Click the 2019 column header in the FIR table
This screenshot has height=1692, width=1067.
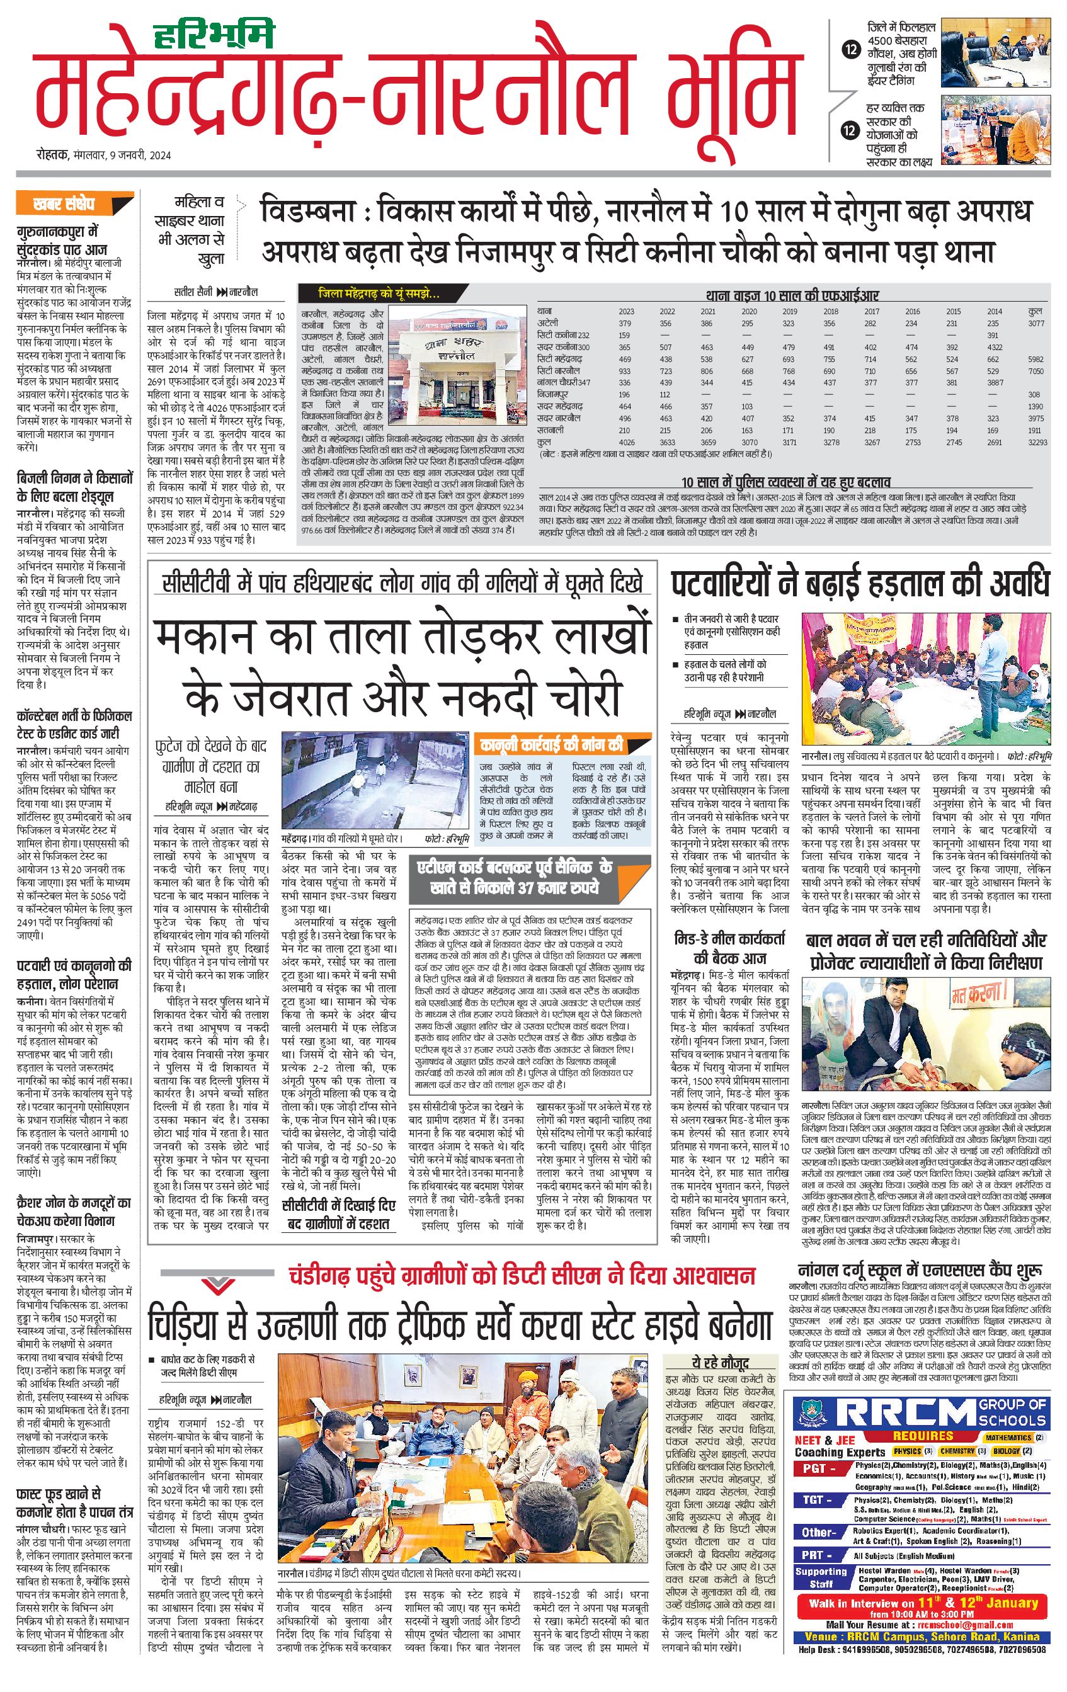point(789,311)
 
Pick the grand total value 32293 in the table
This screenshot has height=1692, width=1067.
point(1037,442)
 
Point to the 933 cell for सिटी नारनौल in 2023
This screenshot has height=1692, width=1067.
point(625,371)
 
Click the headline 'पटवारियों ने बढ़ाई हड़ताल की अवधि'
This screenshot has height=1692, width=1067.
point(859,584)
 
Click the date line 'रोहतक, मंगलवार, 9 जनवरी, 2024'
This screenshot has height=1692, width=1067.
point(105,156)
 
